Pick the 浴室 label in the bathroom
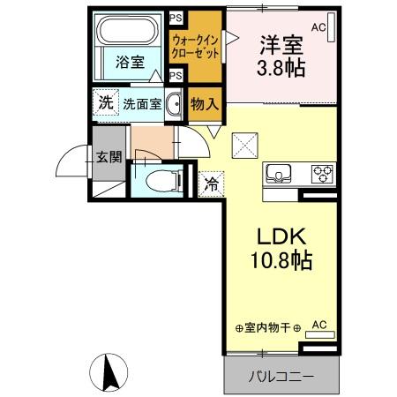tap(130, 62)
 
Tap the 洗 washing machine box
tap(105, 102)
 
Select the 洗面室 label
tap(142, 103)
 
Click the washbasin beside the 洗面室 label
tap(174, 103)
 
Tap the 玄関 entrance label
tap(109, 160)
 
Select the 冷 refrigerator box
tap(212, 184)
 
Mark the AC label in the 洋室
tap(318, 27)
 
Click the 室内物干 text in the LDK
tap(270, 327)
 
